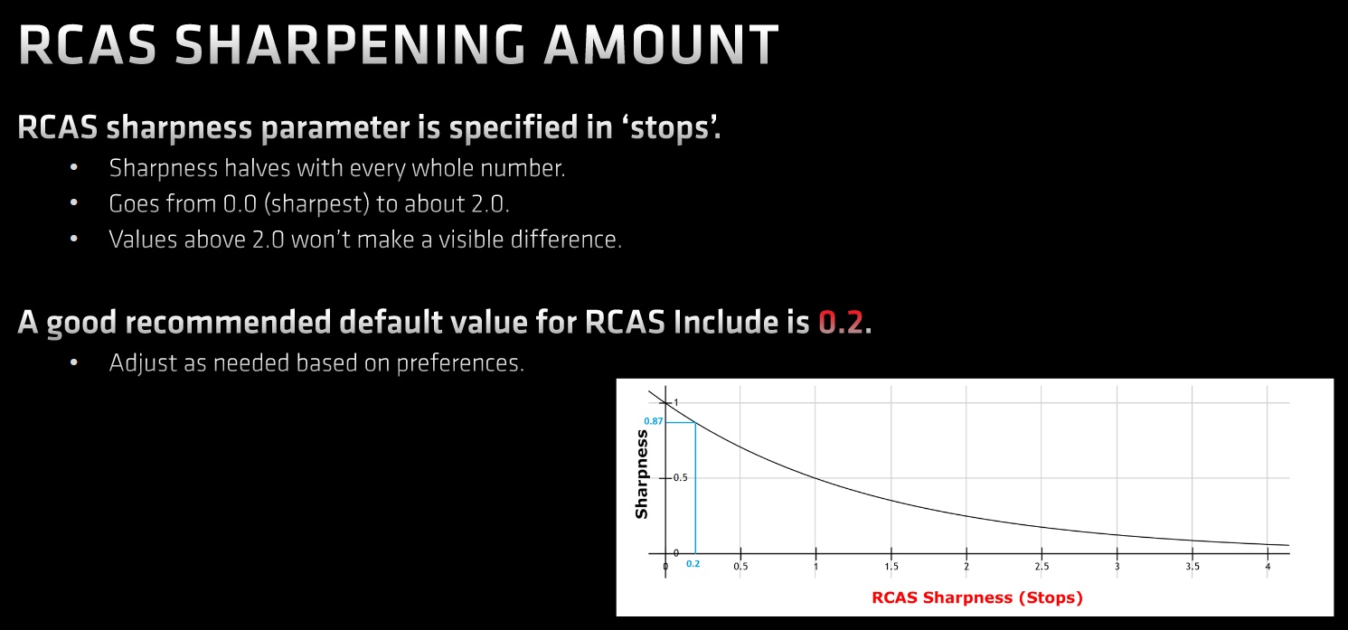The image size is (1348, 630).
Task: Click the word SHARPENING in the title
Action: (350, 45)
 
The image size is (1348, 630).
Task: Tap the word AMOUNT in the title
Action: (662, 45)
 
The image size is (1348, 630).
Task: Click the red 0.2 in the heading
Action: (841, 322)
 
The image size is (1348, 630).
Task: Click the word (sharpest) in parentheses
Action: (316, 204)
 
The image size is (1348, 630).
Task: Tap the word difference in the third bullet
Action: (566, 240)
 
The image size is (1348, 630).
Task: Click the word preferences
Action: (460, 363)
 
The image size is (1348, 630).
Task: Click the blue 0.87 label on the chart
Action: (653, 421)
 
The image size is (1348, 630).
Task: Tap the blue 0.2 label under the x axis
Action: (693, 564)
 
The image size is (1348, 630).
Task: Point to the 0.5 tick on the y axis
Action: (680, 478)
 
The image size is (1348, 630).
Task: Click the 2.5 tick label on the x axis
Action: (1042, 566)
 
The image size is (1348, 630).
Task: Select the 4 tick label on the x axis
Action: (1268, 566)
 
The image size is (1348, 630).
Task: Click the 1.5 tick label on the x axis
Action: (891, 566)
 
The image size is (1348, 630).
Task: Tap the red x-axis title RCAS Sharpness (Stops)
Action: (977, 597)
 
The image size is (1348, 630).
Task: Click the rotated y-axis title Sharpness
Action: (642, 475)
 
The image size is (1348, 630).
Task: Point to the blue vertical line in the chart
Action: (695, 488)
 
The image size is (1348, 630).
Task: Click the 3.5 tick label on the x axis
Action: (1192, 566)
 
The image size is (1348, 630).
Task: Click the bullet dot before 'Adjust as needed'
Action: (74, 362)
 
